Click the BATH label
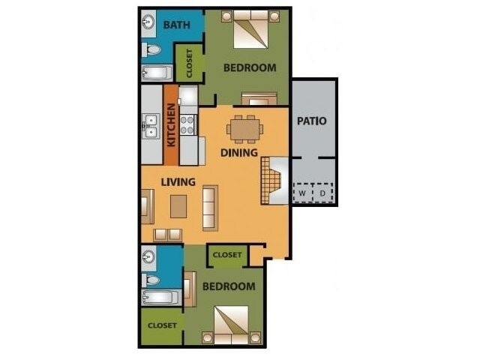177,25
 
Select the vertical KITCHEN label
171,124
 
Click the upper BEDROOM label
250,67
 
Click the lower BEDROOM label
228,286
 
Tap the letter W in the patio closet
301,193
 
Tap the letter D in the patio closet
324,193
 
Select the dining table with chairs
245,128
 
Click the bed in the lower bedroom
229,325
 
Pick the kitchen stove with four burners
187,124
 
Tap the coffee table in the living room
178,205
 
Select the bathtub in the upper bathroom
157,73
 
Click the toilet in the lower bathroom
153,279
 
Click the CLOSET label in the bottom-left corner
161,325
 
